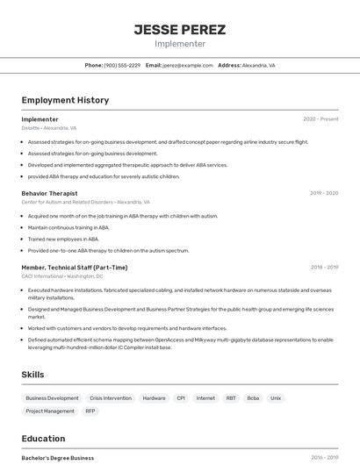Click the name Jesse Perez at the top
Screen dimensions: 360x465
(179, 29)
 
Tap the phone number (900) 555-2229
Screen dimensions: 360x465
(122, 65)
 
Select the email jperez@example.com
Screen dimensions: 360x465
(187, 65)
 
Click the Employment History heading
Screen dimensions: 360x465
(65, 100)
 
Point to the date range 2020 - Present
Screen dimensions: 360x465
(320, 119)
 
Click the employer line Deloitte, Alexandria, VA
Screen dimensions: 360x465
(49, 127)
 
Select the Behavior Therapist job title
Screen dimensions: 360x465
(49, 193)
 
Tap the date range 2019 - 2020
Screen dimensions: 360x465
(324, 193)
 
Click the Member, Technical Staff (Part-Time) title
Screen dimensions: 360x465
(75, 268)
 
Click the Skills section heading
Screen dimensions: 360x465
(32, 375)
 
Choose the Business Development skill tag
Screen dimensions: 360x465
(52, 398)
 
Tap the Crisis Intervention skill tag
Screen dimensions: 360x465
(111, 398)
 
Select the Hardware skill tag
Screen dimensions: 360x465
(154, 398)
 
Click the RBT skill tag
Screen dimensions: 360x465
(231, 398)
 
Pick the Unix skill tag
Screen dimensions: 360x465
(276, 398)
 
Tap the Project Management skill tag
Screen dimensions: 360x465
(50, 411)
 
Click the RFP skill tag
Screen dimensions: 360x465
(90, 411)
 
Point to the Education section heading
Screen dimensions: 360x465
(43, 439)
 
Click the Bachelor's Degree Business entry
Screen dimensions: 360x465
(58, 458)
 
